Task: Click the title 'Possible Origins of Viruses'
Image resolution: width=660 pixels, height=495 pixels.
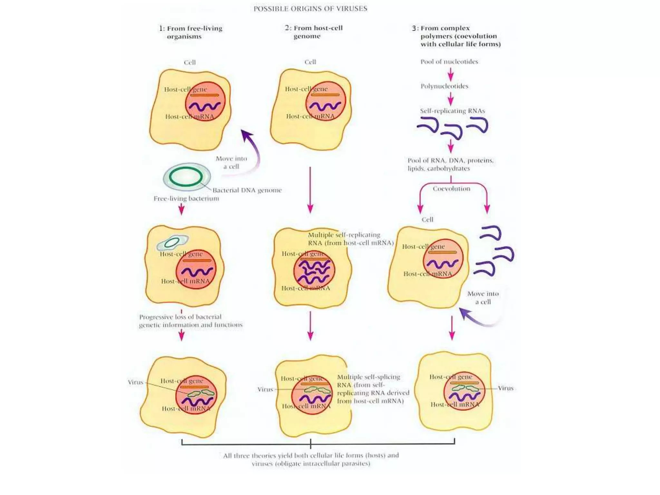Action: (310, 9)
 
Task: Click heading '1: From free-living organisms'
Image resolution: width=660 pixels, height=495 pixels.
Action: (190, 32)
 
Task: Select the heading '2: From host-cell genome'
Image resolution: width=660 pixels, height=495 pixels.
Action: (313, 32)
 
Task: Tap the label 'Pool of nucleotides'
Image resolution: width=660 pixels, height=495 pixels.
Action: (449, 62)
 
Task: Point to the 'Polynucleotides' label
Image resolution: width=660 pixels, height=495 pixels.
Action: (444, 86)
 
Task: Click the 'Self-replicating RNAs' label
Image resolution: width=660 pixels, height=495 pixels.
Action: (452, 111)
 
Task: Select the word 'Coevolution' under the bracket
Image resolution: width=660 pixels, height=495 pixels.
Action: (451, 189)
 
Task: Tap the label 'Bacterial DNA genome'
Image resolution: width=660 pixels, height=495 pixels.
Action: (247, 190)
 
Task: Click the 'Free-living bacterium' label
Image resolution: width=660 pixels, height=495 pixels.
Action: (186, 199)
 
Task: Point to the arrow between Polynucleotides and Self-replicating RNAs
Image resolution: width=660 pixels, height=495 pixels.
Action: (451, 99)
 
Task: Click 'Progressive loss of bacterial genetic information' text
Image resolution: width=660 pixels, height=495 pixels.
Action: (190, 321)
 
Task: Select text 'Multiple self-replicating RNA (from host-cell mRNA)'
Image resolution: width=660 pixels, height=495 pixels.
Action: (350, 239)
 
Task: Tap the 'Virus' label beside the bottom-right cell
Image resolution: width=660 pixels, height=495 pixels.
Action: (505, 388)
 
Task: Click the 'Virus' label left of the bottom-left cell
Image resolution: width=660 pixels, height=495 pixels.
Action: (135, 382)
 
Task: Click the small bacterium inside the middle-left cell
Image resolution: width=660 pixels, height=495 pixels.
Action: (172, 243)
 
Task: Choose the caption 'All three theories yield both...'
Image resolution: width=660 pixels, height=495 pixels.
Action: (311, 459)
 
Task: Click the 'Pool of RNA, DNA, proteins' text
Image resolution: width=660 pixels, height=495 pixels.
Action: (450, 164)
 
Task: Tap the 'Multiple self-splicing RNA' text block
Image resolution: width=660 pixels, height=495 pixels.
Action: (373, 389)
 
